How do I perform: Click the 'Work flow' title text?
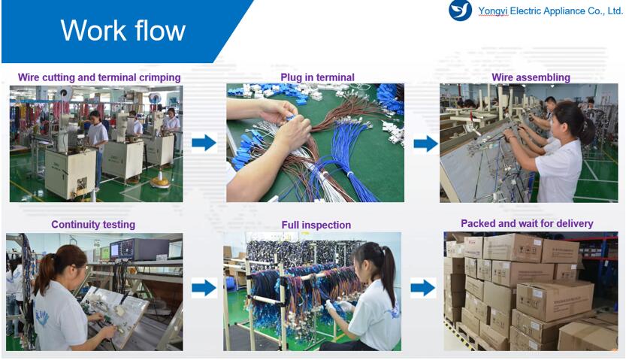123,30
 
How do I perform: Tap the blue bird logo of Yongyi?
460,10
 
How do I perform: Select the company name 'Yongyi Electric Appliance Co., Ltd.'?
551,11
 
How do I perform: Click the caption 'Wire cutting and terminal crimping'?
99,77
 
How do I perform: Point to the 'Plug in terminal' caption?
317,77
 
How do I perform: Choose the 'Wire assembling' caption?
531,77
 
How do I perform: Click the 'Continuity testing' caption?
93,224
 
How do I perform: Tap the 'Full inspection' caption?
316,225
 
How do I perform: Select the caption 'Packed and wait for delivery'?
527,223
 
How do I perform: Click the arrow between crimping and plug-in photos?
204,143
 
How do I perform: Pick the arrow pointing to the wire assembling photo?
426,144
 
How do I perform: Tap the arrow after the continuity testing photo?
204,288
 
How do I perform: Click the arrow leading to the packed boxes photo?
423,288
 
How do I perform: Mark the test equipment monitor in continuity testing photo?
116,250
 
